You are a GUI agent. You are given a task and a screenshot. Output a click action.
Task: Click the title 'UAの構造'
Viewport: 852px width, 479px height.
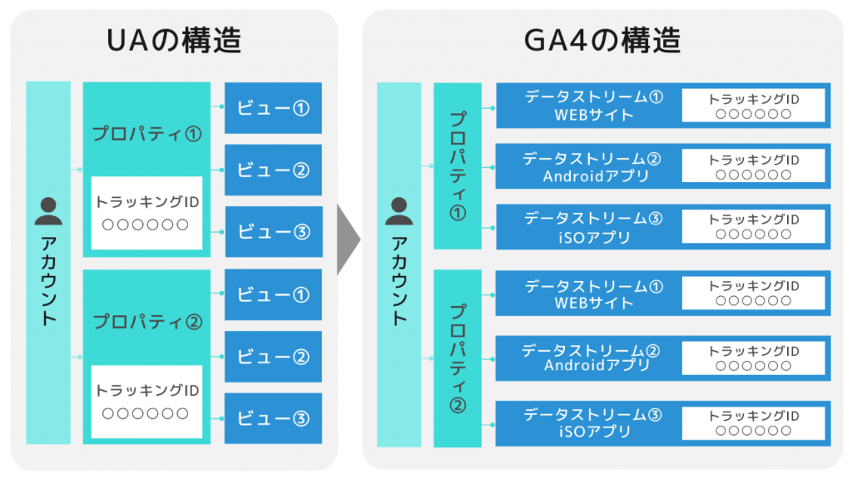point(174,41)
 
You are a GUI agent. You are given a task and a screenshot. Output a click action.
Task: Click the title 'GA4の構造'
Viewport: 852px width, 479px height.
point(602,41)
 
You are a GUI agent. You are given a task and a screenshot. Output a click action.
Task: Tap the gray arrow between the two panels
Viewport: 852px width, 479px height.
point(349,239)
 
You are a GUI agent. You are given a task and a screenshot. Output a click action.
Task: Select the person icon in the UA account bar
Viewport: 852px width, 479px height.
point(48,211)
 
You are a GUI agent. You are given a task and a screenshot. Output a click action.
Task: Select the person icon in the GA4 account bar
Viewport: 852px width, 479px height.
point(399,211)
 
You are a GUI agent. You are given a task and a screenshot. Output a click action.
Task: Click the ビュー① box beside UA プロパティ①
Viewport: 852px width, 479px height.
point(273,108)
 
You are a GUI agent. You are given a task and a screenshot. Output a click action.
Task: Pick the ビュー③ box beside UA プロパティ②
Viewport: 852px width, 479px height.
point(273,418)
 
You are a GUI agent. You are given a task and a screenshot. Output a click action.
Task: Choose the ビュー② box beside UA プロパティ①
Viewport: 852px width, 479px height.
point(273,170)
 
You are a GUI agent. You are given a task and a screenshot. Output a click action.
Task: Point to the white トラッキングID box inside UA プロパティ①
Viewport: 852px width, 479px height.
point(146,213)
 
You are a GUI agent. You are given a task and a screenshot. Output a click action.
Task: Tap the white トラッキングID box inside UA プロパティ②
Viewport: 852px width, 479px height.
point(146,402)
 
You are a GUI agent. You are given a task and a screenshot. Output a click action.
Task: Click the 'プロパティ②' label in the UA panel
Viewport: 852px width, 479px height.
point(147,322)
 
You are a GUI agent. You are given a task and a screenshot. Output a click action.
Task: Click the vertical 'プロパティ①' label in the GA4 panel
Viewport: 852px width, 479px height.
point(458,165)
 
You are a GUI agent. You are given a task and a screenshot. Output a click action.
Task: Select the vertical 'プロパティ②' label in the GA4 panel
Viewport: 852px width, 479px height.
point(458,358)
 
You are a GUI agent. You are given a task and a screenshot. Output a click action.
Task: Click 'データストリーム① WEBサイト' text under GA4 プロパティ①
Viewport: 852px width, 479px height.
point(594,106)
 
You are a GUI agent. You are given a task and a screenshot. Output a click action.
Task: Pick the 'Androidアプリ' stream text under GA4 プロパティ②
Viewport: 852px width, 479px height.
point(597,365)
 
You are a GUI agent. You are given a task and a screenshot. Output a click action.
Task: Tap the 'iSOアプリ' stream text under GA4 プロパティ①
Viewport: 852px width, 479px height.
point(594,237)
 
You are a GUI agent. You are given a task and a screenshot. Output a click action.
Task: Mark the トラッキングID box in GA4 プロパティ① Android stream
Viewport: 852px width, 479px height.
point(754,166)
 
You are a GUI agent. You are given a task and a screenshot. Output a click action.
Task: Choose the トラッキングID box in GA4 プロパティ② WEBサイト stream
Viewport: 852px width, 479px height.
point(754,293)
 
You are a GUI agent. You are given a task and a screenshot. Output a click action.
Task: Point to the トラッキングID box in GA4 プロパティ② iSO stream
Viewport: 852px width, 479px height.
point(754,423)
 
